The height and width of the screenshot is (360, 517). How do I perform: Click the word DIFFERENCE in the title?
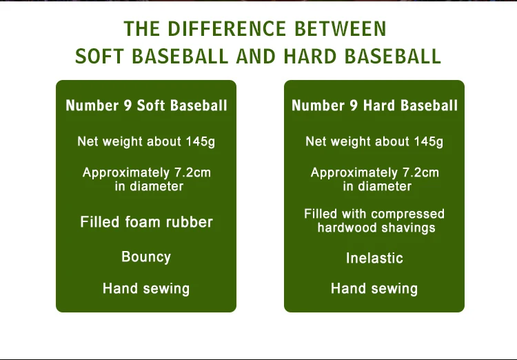(227, 29)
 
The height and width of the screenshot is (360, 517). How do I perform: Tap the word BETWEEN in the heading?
(341, 29)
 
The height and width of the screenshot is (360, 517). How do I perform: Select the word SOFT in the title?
(99, 57)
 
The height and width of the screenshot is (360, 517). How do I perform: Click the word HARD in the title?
(310, 57)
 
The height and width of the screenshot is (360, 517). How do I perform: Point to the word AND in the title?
(256, 57)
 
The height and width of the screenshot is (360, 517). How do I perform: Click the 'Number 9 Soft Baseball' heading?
(146, 106)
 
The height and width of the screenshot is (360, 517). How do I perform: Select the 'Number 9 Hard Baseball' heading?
(374, 106)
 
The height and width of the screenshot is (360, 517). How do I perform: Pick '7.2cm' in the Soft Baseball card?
(192, 172)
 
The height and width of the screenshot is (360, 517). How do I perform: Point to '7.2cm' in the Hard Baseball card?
(420, 172)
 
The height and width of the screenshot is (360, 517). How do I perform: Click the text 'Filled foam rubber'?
(146, 222)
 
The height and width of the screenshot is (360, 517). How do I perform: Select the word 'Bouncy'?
(146, 257)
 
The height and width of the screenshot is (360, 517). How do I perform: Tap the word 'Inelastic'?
(374, 258)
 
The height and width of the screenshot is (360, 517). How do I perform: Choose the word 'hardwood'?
(345, 228)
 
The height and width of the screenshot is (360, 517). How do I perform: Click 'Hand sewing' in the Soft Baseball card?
(146, 289)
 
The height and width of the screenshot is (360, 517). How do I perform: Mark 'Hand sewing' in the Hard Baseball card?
(374, 289)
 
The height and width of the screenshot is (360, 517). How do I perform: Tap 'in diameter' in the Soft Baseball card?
(149, 186)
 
